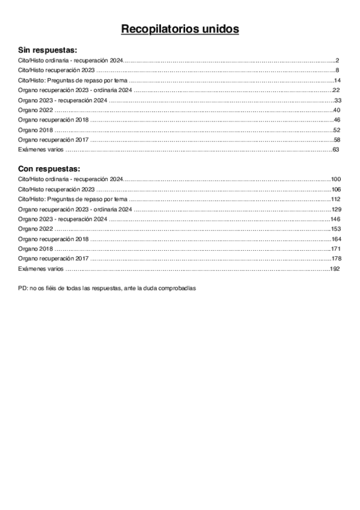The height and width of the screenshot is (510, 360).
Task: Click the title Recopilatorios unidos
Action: pos(180,29)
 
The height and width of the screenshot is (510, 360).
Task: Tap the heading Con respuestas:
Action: pos(49,168)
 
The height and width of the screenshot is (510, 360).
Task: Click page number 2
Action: pos(338,61)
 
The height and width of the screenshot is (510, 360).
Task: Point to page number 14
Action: pos(337,81)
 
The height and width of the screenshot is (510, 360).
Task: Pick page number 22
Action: pos(337,90)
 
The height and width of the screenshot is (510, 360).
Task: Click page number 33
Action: pos(337,100)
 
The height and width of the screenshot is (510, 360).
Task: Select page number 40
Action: pos(337,110)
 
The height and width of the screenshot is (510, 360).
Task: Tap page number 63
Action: pos(337,149)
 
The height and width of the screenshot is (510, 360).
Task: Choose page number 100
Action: pos(335,179)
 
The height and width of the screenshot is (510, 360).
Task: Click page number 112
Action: pos(335,199)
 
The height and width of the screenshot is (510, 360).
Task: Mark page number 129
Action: pos(335,209)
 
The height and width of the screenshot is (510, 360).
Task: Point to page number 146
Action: pos(335,219)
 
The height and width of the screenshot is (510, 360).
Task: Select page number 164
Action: pos(335,239)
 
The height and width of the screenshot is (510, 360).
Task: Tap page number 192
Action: pos(335,268)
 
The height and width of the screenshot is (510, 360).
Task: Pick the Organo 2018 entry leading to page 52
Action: pos(35,130)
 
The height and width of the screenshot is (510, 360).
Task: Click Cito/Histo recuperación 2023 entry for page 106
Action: pos(56,189)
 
